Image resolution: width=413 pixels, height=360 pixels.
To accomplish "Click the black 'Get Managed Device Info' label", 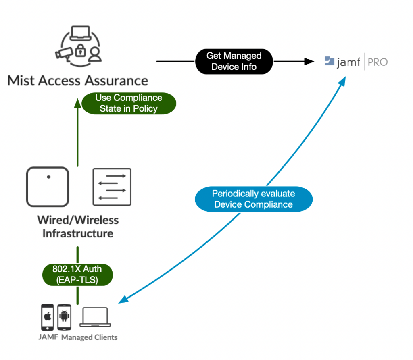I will click(x=234, y=61).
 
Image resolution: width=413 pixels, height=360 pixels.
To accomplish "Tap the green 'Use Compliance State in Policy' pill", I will click(x=128, y=103).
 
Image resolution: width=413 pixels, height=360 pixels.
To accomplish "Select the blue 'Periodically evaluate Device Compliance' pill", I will click(x=253, y=199).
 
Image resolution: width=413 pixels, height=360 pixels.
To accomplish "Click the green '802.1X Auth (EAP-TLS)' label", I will click(x=77, y=275).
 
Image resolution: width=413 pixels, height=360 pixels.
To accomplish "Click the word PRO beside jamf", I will click(x=378, y=62).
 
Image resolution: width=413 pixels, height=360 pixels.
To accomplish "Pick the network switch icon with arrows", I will click(x=112, y=186).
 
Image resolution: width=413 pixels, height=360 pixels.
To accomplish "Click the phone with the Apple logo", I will click(x=48, y=317).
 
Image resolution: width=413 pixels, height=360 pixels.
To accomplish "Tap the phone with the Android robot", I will click(x=64, y=317).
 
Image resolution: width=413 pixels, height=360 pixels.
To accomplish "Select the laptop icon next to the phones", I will click(x=96, y=317).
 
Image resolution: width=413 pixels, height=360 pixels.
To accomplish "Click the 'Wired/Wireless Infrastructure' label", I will click(x=77, y=227).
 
